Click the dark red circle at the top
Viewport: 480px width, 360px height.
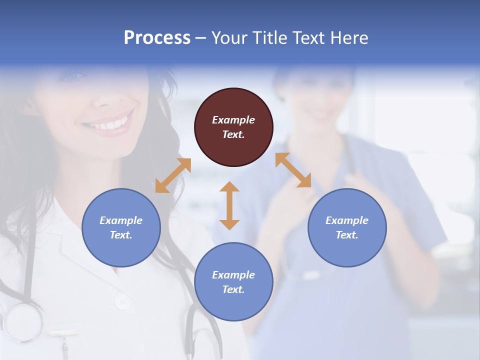(x=233, y=127)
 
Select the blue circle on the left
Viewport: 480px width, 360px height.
(x=121, y=227)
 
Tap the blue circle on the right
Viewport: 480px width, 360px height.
(x=347, y=227)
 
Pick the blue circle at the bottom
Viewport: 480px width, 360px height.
(x=233, y=282)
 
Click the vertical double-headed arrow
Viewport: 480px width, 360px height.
(x=229, y=205)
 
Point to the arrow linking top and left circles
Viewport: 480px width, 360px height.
(x=173, y=175)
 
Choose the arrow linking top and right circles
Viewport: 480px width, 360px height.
(x=293, y=170)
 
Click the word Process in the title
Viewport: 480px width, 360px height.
(x=157, y=37)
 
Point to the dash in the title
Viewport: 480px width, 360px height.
(x=201, y=38)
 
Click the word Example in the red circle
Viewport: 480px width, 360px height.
(x=233, y=120)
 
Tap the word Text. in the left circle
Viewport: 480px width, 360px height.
(x=121, y=235)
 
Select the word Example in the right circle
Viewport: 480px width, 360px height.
(x=347, y=220)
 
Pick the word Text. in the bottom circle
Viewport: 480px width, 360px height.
(x=233, y=289)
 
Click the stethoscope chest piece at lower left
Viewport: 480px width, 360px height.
(x=22, y=322)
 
